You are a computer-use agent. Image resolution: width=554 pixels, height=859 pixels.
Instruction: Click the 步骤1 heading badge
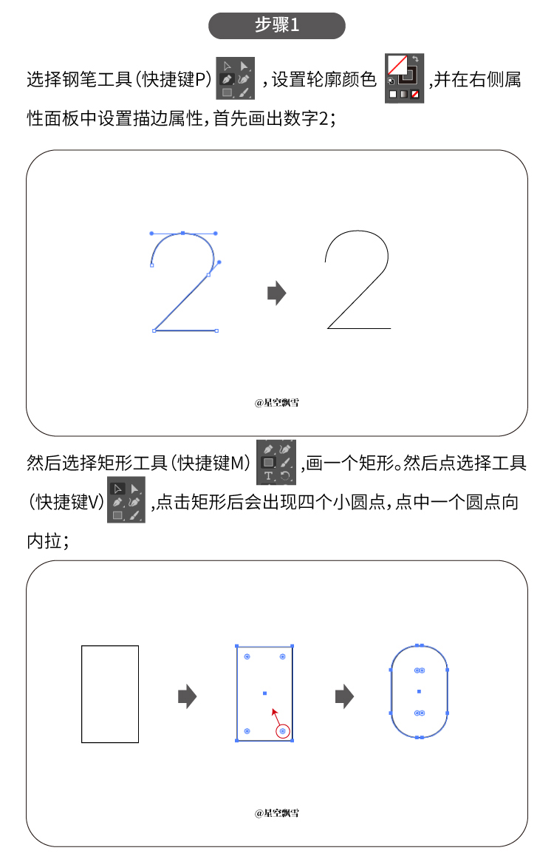276,25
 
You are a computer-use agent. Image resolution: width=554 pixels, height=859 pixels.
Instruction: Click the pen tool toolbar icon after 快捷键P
236,78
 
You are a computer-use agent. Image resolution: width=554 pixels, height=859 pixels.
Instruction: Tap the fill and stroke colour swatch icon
405,78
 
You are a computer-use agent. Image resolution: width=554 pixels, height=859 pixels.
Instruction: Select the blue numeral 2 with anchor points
185,282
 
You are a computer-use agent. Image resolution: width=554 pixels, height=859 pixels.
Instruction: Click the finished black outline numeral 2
358,280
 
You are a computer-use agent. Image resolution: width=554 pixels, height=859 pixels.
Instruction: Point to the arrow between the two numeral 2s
277,293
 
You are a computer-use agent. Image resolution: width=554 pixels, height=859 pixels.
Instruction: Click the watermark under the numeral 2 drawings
276,403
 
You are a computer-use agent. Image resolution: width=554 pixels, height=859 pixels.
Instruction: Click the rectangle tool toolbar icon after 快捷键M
276,462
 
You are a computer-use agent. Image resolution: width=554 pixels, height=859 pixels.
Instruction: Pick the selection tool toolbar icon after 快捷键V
126,502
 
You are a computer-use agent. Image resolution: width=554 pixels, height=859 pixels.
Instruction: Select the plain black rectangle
110,694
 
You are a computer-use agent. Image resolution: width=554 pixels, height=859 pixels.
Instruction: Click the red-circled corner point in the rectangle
282,731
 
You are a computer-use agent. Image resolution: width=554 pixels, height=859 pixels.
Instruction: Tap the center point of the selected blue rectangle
265,693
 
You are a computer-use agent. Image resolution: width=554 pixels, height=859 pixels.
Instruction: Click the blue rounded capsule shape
420,691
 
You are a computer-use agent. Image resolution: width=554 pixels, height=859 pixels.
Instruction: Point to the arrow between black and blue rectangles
187,696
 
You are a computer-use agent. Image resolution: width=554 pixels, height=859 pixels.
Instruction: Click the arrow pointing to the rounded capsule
344,696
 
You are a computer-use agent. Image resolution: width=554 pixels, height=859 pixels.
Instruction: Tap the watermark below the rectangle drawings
276,813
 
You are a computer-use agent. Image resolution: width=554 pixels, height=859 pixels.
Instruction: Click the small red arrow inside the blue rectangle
276,716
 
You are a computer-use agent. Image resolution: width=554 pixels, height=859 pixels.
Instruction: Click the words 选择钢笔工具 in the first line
79,79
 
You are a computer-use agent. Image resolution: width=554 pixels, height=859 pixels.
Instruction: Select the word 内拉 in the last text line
44,541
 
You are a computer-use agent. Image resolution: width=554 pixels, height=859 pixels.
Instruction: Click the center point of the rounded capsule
420,691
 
